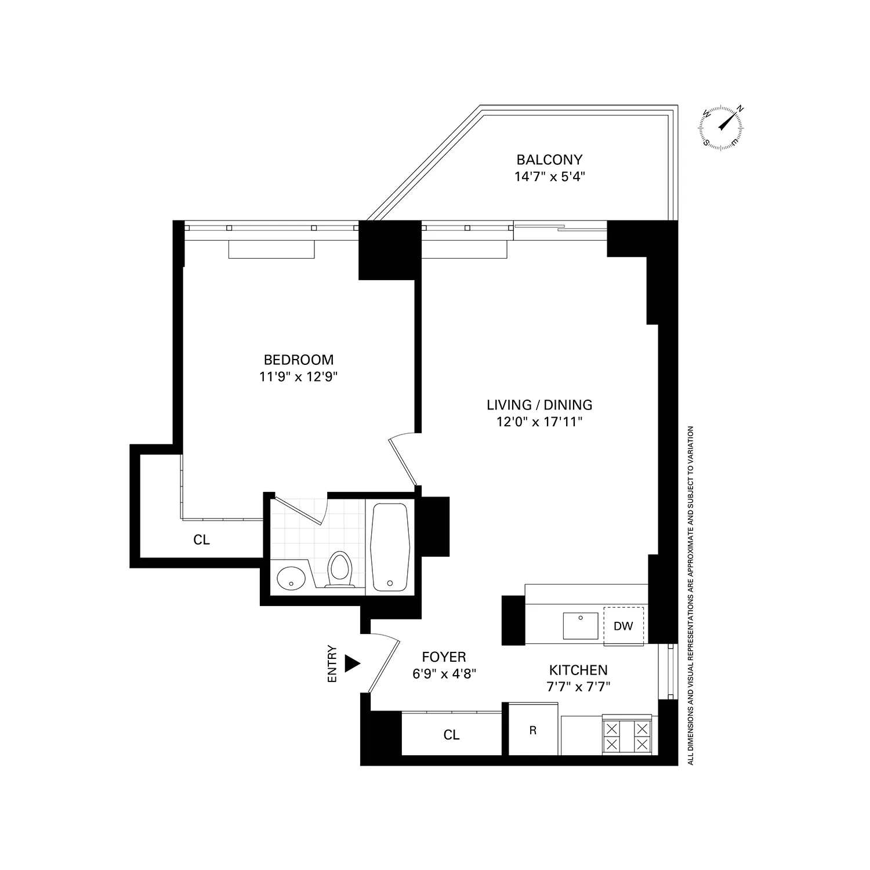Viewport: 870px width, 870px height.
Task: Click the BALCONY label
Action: pos(549,159)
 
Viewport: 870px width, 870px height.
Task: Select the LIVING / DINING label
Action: pos(539,405)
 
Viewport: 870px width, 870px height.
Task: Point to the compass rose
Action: pos(723,126)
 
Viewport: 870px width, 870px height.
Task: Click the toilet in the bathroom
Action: pos(339,569)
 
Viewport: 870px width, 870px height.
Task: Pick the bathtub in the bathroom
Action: pos(391,546)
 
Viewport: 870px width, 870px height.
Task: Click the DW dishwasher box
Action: pos(623,626)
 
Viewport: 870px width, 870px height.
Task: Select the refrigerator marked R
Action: pos(533,730)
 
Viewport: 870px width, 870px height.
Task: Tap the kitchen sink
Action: pos(581,625)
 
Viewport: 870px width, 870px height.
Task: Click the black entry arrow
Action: pos(352,664)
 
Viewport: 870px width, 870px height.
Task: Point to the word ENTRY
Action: pos(332,664)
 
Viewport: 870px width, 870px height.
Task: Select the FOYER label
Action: pos(444,657)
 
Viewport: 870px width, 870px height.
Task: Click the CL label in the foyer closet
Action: pos(451,735)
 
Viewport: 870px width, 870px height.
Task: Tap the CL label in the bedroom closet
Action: pos(201,540)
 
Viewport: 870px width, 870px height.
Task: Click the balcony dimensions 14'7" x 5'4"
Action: pos(549,176)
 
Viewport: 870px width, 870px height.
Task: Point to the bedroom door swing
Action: pos(404,458)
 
